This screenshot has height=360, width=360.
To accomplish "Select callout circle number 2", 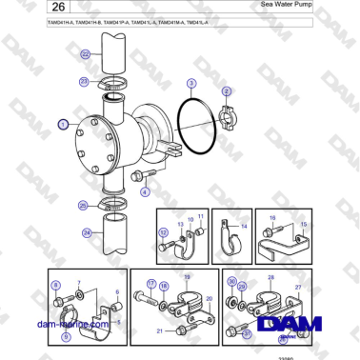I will (x=227, y=91).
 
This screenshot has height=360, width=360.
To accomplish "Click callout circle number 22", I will (x=86, y=54).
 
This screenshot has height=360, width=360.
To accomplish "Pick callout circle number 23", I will (x=84, y=83).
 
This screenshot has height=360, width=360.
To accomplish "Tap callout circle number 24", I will (x=87, y=231).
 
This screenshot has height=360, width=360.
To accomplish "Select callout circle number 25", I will (x=83, y=205).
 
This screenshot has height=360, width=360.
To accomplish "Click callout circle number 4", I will (x=145, y=191).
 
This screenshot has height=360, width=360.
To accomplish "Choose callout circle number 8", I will (x=55, y=284).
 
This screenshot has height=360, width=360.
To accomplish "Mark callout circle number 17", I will (x=150, y=284).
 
